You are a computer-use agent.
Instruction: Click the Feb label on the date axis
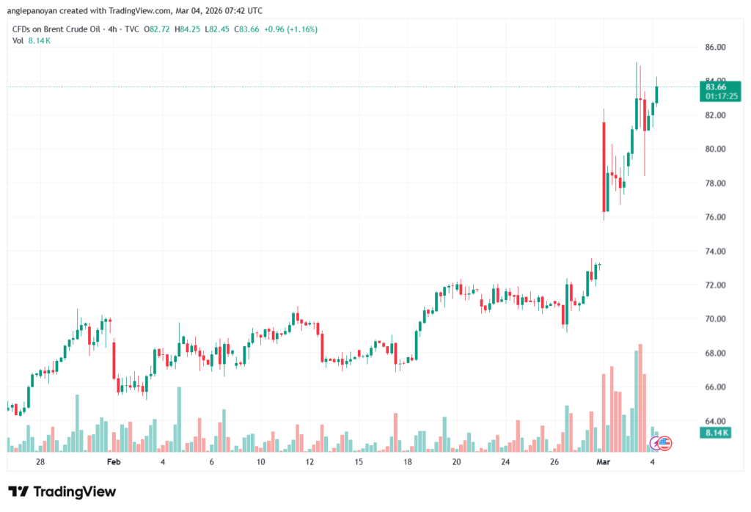tap(113, 462)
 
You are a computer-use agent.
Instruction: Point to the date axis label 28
tap(40, 462)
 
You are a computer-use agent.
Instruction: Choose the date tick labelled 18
tap(407, 462)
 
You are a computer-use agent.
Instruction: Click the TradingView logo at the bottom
tap(62, 491)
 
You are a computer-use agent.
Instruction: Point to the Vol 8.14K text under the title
tap(32, 40)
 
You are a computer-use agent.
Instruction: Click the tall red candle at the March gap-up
tap(604, 167)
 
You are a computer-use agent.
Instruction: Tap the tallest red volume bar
tap(640, 397)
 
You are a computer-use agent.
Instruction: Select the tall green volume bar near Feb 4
tap(178, 418)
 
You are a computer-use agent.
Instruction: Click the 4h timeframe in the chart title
tap(111, 29)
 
